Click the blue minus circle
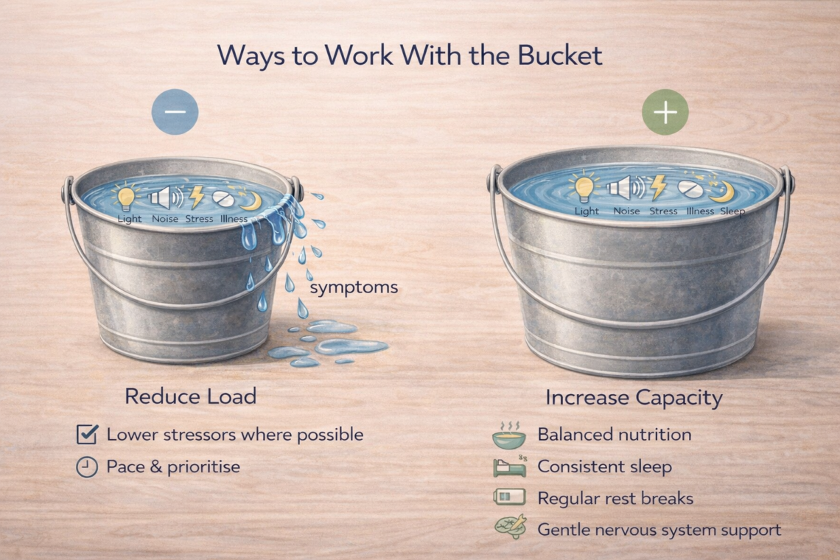(175, 111)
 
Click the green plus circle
(665, 112)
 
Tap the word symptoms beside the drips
(354, 288)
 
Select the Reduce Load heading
(191, 396)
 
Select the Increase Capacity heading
(634, 398)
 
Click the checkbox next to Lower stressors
(87, 434)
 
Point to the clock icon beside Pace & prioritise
(86, 466)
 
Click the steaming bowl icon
(509, 435)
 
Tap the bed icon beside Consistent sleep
(510, 466)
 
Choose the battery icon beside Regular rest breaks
(509, 497)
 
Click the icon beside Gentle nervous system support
(511, 527)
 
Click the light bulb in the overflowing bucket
(126, 197)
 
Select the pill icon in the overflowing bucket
(223, 198)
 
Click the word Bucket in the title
(559, 55)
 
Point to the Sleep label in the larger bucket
(732, 211)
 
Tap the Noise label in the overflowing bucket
(165, 219)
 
